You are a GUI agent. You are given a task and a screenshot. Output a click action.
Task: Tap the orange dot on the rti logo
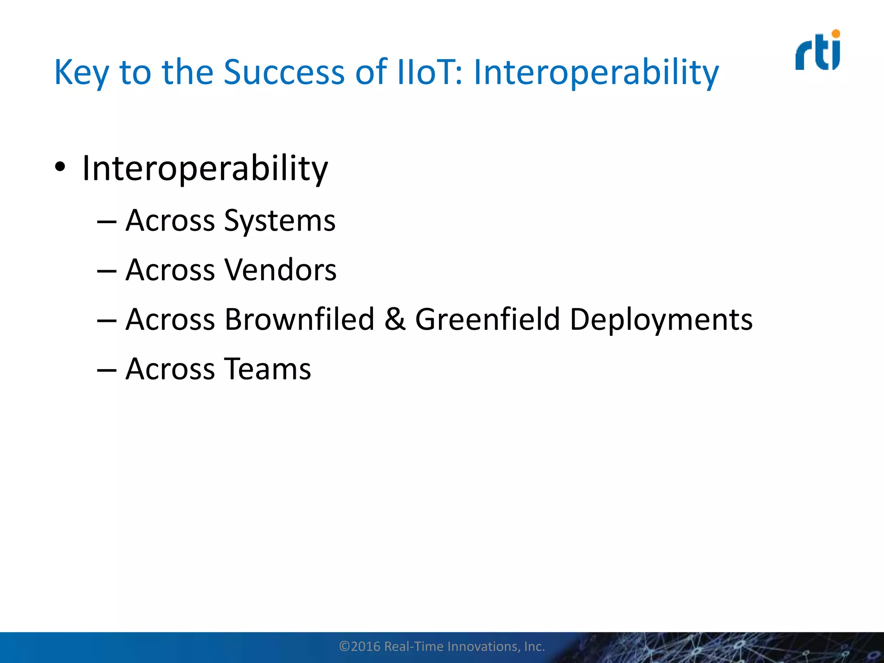click(x=836, y=34)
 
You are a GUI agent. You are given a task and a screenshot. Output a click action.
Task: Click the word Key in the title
click(x=81, y=73)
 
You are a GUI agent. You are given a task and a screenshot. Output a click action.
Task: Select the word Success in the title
click(x=284, y=72)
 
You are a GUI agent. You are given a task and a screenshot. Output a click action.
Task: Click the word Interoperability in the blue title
click(x=596, y=73)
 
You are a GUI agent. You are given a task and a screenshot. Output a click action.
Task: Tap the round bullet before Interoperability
click(x=60, y=167)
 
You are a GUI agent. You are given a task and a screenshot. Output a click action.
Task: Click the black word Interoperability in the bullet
click(x=205, y=168)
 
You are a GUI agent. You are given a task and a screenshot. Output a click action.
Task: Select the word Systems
click(x=280, y=221)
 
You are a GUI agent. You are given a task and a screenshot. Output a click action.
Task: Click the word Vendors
click(x=281, y=270)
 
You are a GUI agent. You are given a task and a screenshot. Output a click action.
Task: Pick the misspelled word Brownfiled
click(x=300, y=319)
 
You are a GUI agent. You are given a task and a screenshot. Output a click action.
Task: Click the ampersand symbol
click(x=395, y=319)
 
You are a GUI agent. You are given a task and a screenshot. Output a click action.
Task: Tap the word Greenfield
click(x=487, y=319)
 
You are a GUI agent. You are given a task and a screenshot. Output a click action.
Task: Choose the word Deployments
click(x=661, y=320)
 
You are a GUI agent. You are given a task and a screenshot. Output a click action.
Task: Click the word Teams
click(x=268, y=369)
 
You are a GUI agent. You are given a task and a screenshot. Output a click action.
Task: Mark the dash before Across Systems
click(x=107, y=222)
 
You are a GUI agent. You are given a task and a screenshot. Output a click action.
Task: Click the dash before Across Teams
click(x=107, y=370)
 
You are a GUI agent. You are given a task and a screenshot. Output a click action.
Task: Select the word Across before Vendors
click(x=170, y=270)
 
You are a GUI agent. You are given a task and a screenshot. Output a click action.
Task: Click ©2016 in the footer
click(x=360, y=646)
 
